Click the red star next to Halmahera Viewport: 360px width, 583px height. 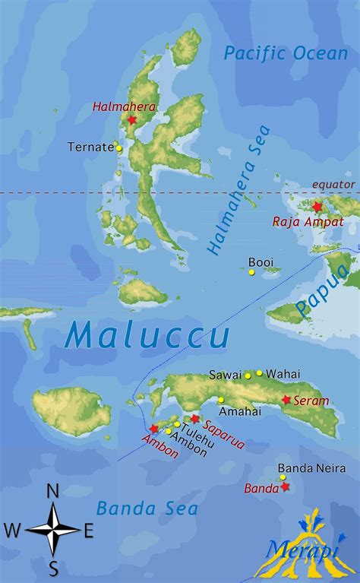point(132,120)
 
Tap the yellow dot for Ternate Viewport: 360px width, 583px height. point(118,148)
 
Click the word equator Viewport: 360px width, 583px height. point(333,185)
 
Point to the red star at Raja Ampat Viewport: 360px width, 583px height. point(317,207)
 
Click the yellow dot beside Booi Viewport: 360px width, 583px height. point(251,271)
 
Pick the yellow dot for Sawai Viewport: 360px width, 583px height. point(248,375)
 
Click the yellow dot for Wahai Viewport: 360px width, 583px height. point(259,373)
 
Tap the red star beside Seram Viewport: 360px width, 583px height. point(286,400)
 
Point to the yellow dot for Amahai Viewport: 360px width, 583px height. point(221,400)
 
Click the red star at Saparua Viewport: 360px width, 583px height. point(195,419)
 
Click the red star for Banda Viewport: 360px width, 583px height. point(286,486)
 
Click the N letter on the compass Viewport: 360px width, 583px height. point(53,492)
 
